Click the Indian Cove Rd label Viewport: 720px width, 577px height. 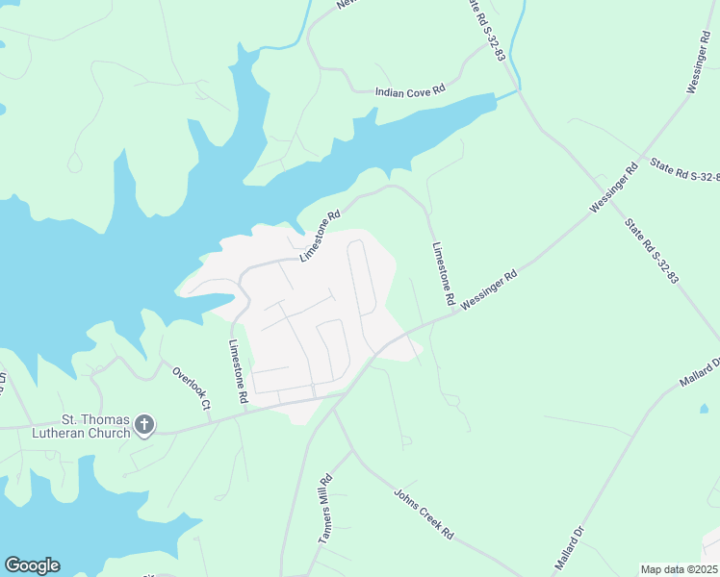409,90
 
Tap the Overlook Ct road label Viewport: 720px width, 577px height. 191,387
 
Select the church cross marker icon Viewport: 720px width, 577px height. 144,425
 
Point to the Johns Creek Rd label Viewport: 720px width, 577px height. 423,513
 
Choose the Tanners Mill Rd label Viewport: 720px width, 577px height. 325,510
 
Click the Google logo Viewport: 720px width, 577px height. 32,565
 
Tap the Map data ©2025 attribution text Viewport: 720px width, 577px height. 679,569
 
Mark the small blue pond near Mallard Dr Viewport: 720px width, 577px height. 705,409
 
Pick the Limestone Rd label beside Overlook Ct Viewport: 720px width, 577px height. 239,370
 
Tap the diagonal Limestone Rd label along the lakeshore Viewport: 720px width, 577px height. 321,237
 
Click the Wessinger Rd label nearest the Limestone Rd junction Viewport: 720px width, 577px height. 489,289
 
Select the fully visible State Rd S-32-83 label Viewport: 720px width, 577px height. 652,252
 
